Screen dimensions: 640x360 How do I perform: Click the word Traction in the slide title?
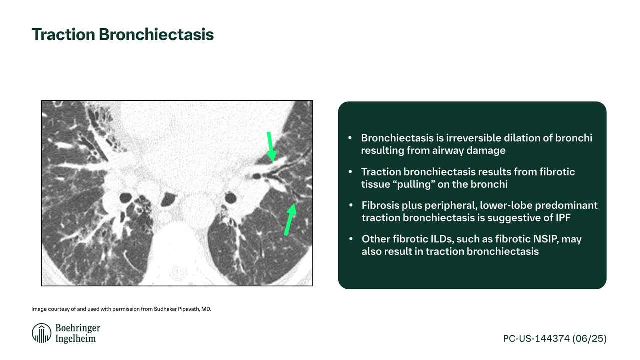click(63, 34)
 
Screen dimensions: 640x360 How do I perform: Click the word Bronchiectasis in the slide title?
click(156, 34)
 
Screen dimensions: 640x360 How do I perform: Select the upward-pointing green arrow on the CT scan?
click(290, 219)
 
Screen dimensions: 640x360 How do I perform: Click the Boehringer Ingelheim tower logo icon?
click(41, 333)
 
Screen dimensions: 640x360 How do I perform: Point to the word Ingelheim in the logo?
click(75, 339)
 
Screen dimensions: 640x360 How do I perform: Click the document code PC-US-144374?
click(536, 339)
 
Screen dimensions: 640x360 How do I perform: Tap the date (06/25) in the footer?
click(589, 339)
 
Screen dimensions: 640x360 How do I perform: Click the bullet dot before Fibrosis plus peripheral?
click(351, 205)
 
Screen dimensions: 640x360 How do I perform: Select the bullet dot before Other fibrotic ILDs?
click(351, 239)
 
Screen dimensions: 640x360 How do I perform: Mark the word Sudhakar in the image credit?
click(165, 309)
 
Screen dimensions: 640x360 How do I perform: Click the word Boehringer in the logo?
click(77, 328)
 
